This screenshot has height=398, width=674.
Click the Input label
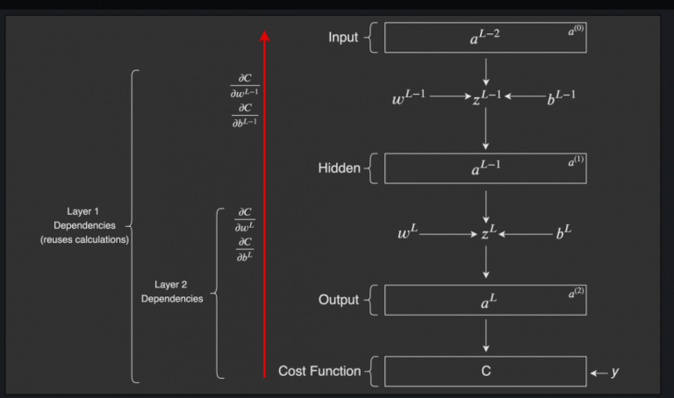(342, 37)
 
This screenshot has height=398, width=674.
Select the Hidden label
(339, 167)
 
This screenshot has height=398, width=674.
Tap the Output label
(338, 300)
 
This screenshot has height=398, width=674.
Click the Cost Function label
(319, 371)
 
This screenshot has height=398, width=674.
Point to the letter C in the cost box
(485, 371)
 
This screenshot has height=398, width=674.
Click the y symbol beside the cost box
(614, 372)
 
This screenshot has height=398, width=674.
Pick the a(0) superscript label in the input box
(576, 31)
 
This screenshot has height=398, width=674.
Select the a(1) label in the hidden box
(576, 161)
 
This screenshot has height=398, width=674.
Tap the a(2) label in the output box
(576, 293)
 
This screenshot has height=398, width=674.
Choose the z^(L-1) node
(486, 98)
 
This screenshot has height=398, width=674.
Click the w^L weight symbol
(409, 233)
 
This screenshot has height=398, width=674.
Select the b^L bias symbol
(563, 233)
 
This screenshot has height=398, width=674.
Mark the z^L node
(488, 234)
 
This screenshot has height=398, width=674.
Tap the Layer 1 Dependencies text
(84, 225)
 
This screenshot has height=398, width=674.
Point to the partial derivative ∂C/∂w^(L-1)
(243, 86)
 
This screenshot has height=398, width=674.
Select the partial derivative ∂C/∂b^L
(245, 248)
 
